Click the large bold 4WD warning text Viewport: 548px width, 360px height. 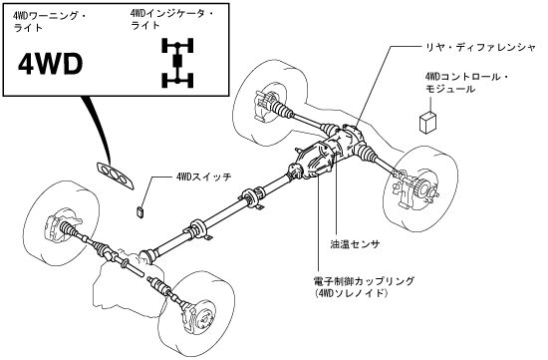[51, 65]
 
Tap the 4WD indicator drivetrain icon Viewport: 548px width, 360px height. [177, 63]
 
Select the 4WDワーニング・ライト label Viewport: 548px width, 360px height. [49, 22]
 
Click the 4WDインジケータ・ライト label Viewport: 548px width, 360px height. [171, 19]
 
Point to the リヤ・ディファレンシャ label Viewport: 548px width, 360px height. [479, 47]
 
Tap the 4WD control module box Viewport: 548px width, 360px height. [427, 122]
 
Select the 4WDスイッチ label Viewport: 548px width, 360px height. [203, 178]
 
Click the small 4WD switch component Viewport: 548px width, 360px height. [140, 212]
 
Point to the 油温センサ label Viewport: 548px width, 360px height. [355, 244]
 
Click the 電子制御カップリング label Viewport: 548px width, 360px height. [364, 280]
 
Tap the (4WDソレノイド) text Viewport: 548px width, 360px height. [351, 293]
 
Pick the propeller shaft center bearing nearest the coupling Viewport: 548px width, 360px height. [252, 198]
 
